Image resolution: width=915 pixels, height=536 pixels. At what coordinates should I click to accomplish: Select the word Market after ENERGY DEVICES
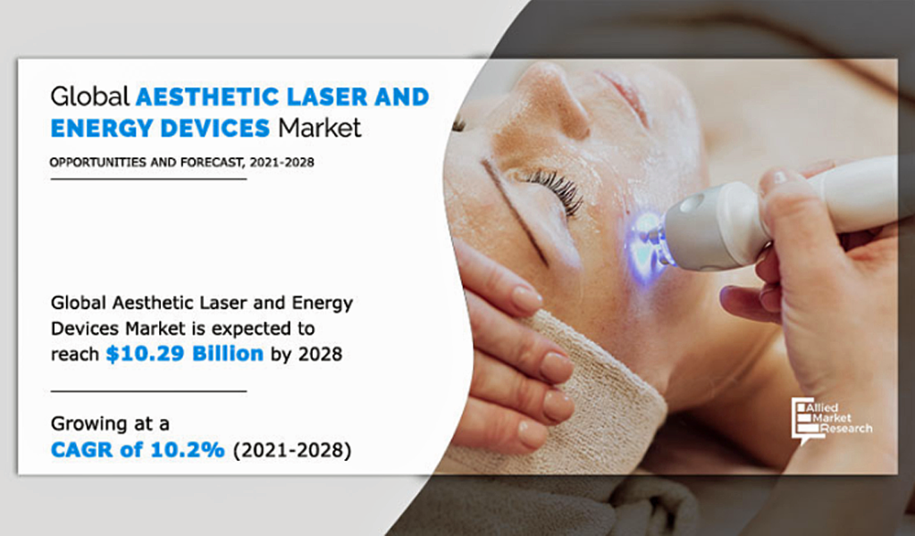(x=320, y=129)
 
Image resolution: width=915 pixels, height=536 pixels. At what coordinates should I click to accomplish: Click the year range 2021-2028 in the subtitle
(x=281, y=163)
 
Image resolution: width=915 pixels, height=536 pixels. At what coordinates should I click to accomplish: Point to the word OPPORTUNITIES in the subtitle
(x=98, y=163)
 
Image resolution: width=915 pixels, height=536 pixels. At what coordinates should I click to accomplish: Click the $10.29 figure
(x=146, y=354)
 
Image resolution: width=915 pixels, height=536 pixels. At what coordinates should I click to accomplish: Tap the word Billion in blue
(x=228, y=354)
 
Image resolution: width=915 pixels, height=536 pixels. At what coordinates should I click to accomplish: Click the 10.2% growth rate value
(x=188, y=449)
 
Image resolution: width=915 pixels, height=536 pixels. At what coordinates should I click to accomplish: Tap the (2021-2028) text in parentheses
(x=292, y=450)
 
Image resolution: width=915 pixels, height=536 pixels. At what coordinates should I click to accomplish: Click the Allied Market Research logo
(x=832, y=419)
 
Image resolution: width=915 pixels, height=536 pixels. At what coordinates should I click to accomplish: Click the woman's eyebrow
(x=515, y=211)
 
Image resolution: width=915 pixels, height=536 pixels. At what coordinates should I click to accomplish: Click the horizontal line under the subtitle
(x=149, y=179)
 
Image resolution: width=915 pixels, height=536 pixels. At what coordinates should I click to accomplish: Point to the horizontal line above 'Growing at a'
(x=149, y=391)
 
